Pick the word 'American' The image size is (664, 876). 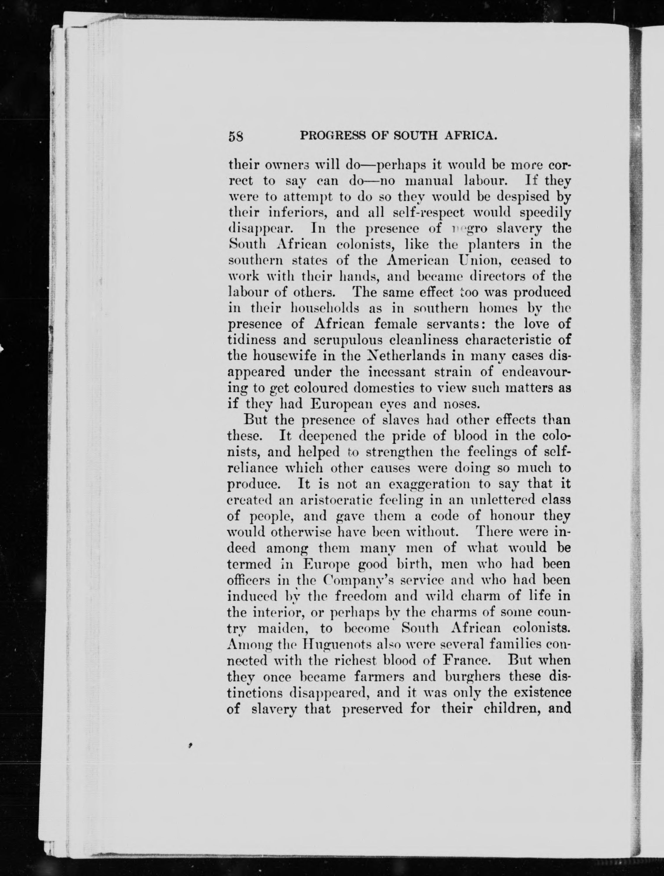tap(418, 261)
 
